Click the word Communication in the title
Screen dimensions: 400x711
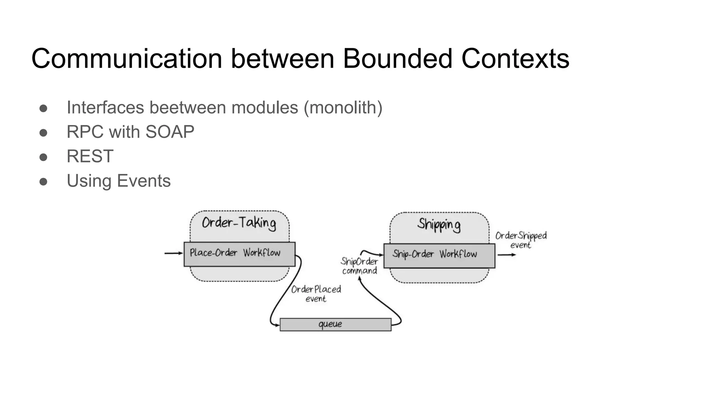click(127, 59)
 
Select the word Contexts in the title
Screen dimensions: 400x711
click(515, 59)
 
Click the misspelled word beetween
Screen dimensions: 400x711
click(187, 107)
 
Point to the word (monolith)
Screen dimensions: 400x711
click(343, 108)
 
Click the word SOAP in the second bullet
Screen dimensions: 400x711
click(170, 132)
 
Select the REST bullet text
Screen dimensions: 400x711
click(90, 156)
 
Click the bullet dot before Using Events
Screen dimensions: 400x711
click(43, 182)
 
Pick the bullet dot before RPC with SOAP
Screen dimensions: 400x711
click(43, 133)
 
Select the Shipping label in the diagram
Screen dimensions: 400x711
click(439, 225)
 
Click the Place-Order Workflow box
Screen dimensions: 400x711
click(239, 254)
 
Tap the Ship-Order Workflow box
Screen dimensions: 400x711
click(439, 256)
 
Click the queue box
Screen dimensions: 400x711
click(335, 325)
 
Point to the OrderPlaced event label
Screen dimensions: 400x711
click(316, 294)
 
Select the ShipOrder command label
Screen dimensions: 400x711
click(359, 266)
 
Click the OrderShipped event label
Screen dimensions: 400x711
click(521, 240)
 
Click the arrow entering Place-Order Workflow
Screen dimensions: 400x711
click(173, 253)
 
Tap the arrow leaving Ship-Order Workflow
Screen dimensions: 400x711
click(507, 255)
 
